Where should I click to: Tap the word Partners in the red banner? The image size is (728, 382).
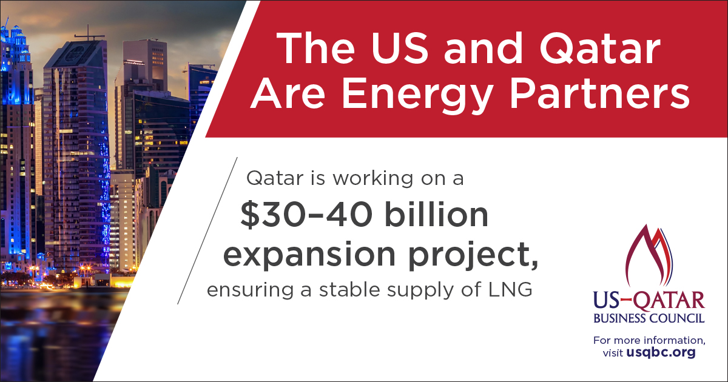599,93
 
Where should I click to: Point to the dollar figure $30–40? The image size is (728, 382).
306,215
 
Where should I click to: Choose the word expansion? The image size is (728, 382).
309,255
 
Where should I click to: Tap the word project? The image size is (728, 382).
473,255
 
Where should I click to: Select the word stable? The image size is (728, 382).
349,289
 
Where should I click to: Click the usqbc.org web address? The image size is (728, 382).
661,352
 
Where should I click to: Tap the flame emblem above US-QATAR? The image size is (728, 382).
649,256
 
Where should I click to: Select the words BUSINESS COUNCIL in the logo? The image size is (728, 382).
649,318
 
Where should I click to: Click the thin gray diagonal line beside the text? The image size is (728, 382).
207,230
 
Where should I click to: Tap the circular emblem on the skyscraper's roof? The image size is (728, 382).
72,53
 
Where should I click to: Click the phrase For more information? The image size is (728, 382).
649,340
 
